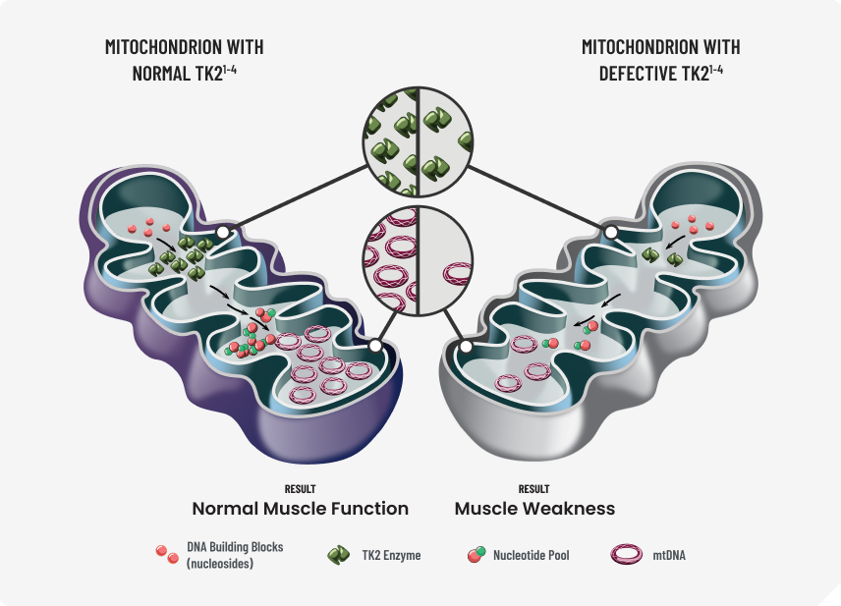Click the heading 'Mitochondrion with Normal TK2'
(184, 60)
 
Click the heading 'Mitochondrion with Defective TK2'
(660, 60)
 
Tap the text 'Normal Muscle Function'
(300, 509)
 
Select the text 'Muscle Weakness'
(534, 509)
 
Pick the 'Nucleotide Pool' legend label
(533, 556)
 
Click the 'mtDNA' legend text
(669, 556)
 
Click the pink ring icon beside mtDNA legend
(626, 555)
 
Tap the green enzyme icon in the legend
(338, 555)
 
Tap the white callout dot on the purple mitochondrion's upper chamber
(224, 233)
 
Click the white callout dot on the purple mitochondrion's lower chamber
(374, 346)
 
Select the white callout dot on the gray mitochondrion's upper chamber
(611, 233)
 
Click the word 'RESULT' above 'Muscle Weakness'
(533, 488)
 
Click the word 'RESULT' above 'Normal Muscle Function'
(300, 488)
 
